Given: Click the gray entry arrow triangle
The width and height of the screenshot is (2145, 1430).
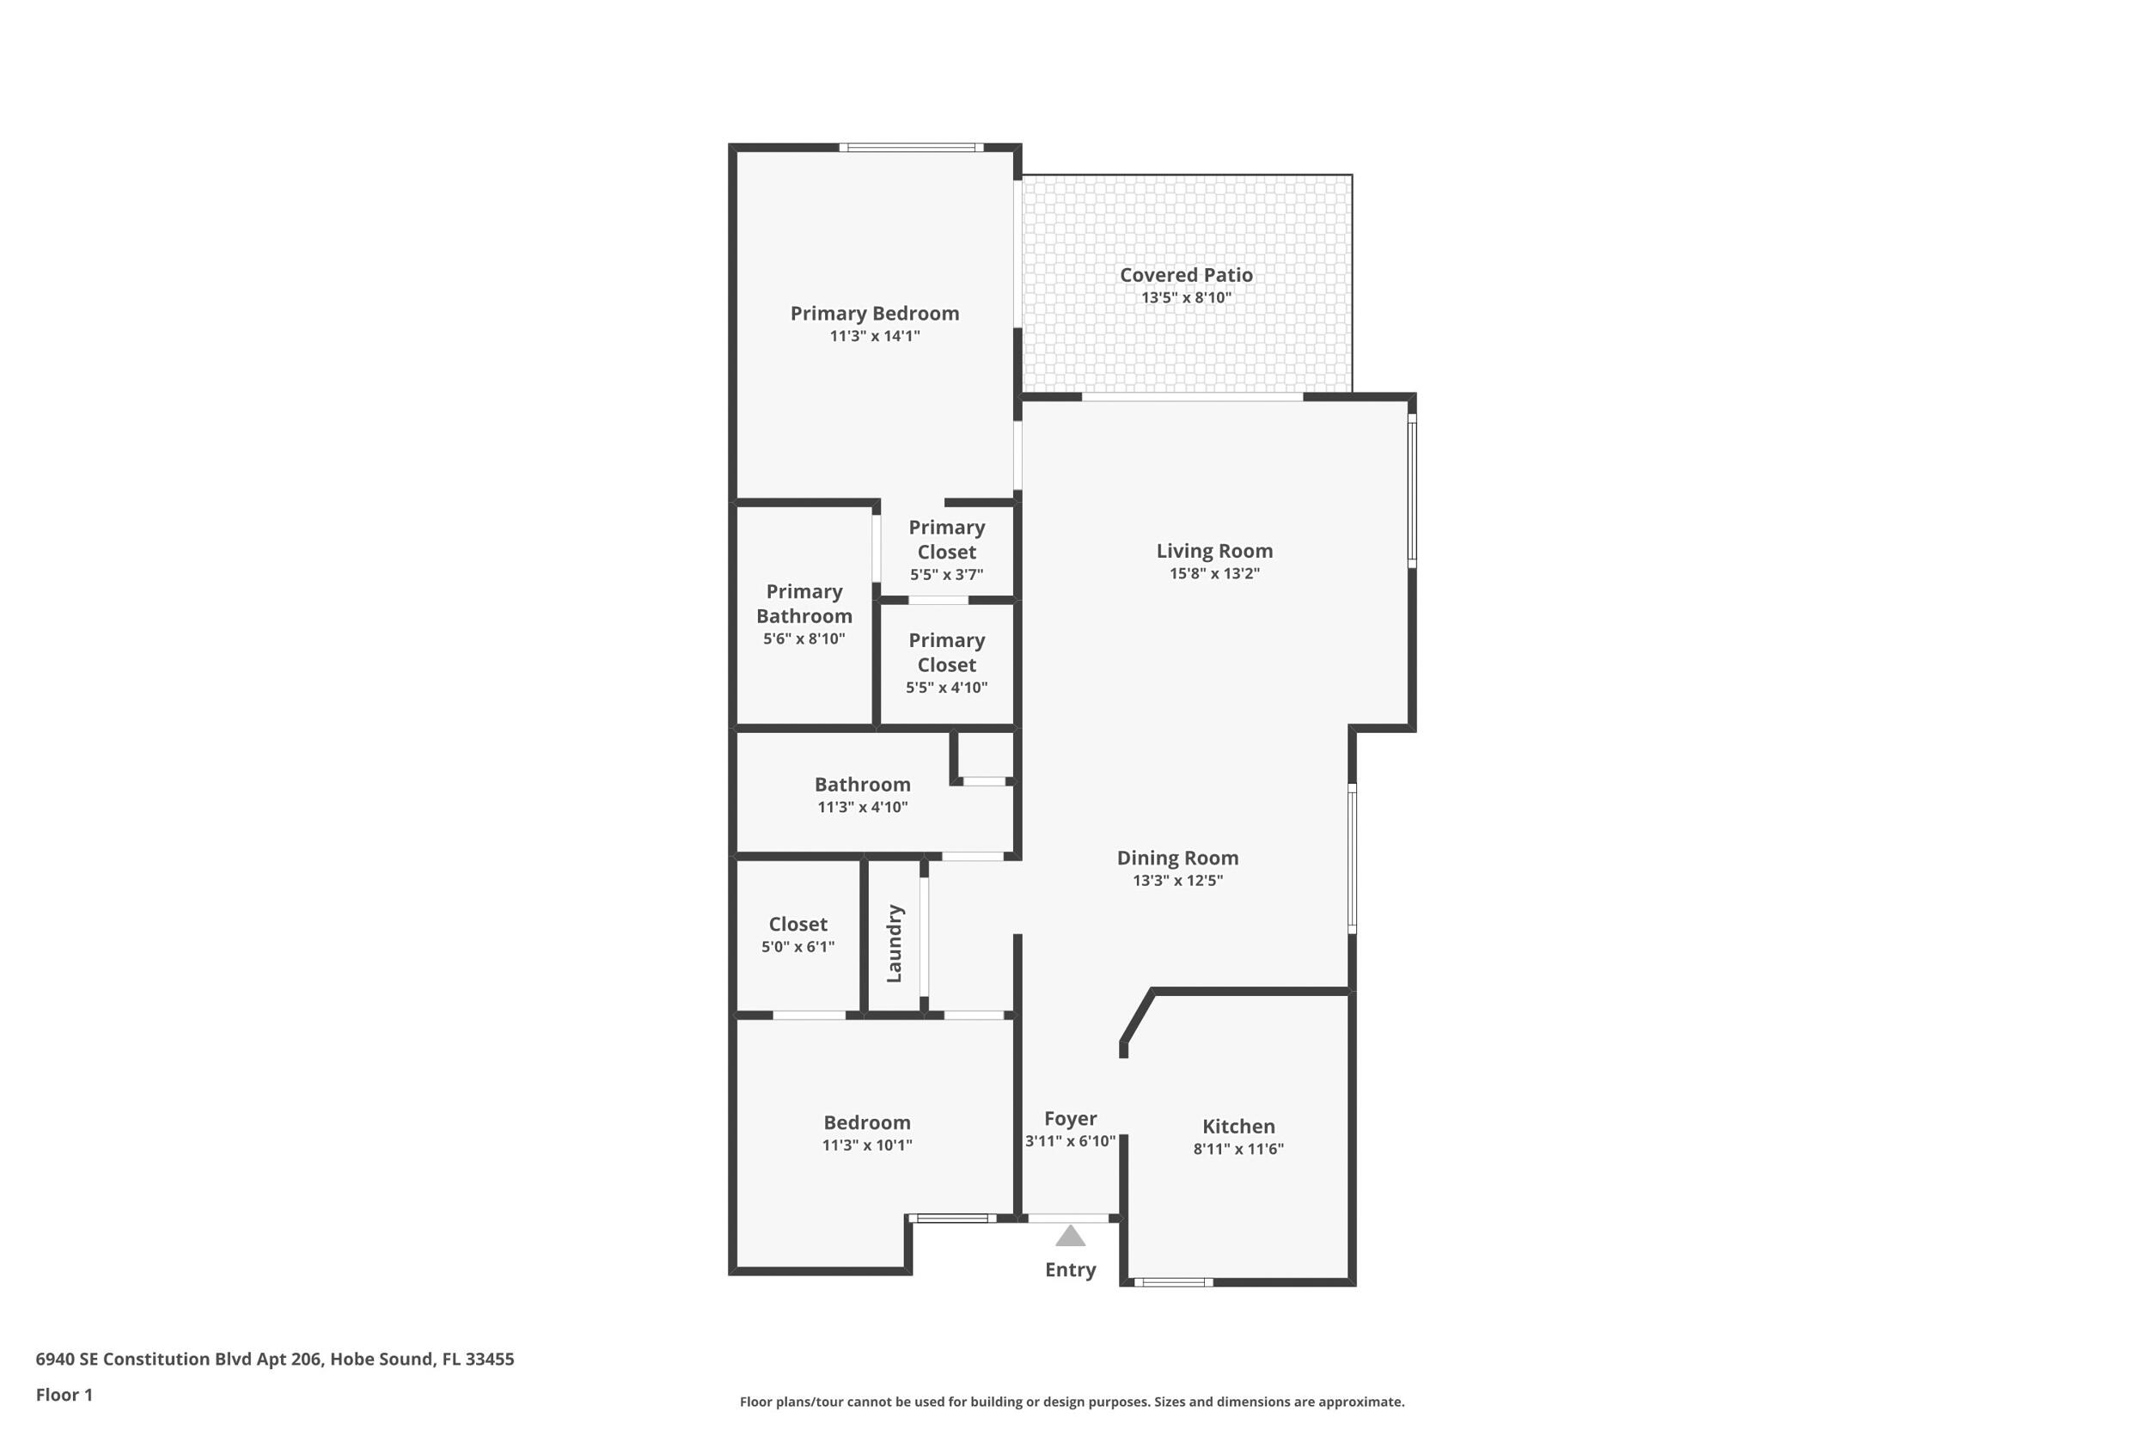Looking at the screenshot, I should point(1070,1237).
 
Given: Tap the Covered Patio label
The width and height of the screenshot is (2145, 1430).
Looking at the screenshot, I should point(1186,274).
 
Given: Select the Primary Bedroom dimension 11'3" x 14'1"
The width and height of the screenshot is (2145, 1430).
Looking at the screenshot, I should point(874,337).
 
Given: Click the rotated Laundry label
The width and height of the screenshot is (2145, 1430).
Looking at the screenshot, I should point(894,943).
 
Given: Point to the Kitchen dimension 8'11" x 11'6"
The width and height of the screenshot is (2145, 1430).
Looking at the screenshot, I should point(1237,1149).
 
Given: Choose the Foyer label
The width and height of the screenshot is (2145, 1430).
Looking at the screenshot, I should point(1070,1118).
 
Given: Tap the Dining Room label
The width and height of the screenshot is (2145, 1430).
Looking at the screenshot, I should point(1177,858).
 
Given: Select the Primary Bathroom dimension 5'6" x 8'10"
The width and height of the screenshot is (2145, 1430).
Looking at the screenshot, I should point(804,639).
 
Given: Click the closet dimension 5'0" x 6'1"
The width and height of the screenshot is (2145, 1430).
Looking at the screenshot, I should point(797,947).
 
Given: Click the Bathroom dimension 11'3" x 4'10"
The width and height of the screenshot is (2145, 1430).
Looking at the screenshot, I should point(862,807).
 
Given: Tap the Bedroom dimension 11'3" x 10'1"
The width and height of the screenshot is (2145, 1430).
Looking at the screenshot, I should point(866,1146).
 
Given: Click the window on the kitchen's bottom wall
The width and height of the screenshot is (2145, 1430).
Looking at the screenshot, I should point(1173,1282).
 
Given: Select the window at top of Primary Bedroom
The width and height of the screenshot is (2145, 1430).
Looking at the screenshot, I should point(910,147).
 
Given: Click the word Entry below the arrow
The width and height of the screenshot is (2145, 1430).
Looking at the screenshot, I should point(1070,1269).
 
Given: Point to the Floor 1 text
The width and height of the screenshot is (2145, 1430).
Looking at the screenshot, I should point(64,1395).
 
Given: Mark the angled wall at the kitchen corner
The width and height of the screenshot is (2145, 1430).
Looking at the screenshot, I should point(1138,1016).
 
